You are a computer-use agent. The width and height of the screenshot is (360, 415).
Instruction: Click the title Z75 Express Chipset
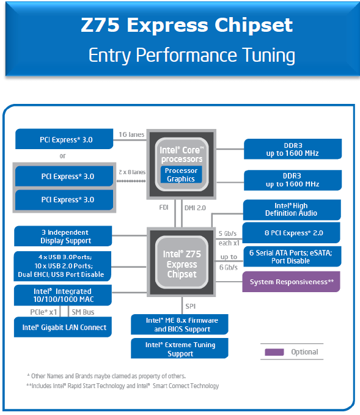186,26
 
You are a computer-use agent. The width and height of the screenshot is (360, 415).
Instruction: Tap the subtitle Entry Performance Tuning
191,55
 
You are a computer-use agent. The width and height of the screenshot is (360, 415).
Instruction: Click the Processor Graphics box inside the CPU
181,174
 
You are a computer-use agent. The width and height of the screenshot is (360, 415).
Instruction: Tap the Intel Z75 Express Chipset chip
182,265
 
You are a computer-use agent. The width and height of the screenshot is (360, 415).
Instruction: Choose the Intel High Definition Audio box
291,210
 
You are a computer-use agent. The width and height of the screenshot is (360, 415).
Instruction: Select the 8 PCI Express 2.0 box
291,232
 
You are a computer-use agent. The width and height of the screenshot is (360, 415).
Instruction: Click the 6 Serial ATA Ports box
291,257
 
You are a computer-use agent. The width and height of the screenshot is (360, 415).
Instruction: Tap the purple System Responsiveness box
291,282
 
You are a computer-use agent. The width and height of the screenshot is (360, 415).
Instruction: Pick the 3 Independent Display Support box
62,236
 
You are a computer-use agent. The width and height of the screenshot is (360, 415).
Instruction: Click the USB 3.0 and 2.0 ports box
62,265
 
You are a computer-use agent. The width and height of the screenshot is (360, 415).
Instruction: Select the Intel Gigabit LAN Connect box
62,328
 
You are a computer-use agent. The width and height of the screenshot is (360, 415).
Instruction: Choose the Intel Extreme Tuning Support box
180,349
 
